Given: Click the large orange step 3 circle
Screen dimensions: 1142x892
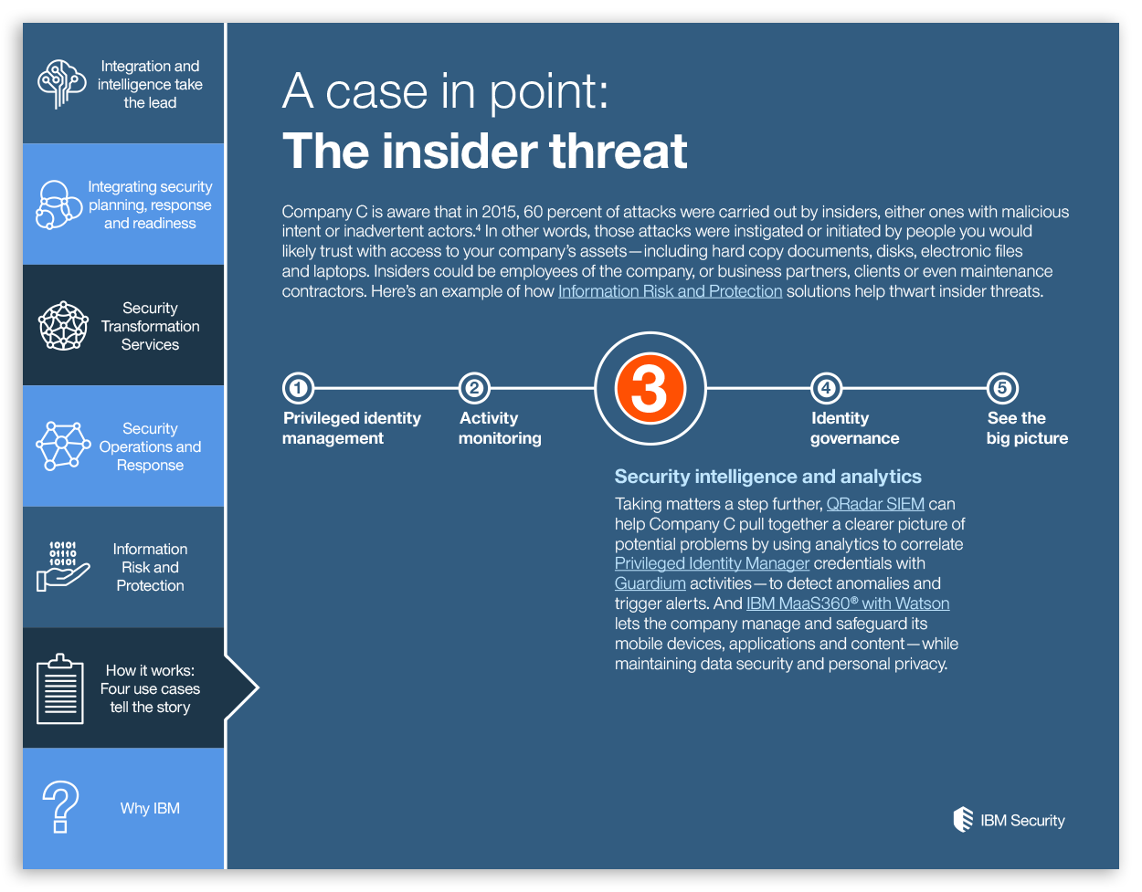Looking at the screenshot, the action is (x=650, y=388).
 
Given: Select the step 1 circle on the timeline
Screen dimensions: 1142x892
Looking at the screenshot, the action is (x=298, y=388).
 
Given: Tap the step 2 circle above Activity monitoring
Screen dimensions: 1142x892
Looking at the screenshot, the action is (x=474, y=388).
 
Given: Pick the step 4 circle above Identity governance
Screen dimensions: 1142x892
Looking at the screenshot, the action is (x=826, y=388).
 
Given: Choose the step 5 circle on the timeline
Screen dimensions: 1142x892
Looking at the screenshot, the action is (x=1002, y=388).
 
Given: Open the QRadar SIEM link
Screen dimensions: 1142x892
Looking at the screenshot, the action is (x=875, y=504).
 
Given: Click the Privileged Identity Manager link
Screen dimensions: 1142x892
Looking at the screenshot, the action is (x=712, y=563).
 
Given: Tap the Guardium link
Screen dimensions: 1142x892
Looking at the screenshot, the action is (x=650, y=583).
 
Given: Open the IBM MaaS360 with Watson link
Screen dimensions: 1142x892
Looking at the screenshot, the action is (x=848, y=603).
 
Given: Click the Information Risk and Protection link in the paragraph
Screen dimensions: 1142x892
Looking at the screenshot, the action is (x=670, y=291).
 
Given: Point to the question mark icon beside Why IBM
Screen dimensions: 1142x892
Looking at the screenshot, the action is (x=61, y=807).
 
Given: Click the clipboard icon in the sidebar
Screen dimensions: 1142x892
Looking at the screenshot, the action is (x=60, y=688).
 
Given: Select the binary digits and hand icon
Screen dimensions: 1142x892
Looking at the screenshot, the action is (x=62, y=566).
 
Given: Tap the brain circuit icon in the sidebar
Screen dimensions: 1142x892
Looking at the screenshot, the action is (x=61, y=84).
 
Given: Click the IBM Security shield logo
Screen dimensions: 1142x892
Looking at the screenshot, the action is (x=963, y=819).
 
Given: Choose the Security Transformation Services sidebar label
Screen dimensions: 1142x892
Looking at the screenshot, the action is (x=150, y=326).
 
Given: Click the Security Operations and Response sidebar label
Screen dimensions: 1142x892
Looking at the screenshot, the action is (x=150, y=446).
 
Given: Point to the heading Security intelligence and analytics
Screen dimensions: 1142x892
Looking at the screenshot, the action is (x=767, y=477).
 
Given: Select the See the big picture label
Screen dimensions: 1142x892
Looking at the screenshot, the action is (x=1027, y=428).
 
